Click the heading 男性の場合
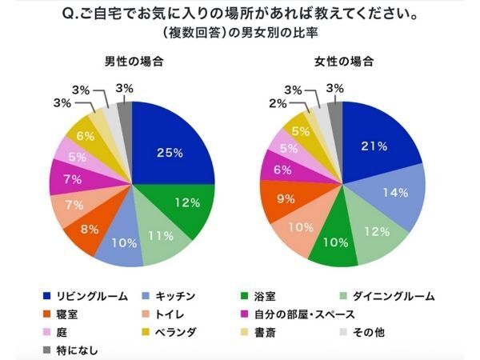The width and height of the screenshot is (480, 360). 132,62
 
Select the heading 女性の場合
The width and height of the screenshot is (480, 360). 343,62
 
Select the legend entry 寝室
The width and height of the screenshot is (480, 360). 68,314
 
